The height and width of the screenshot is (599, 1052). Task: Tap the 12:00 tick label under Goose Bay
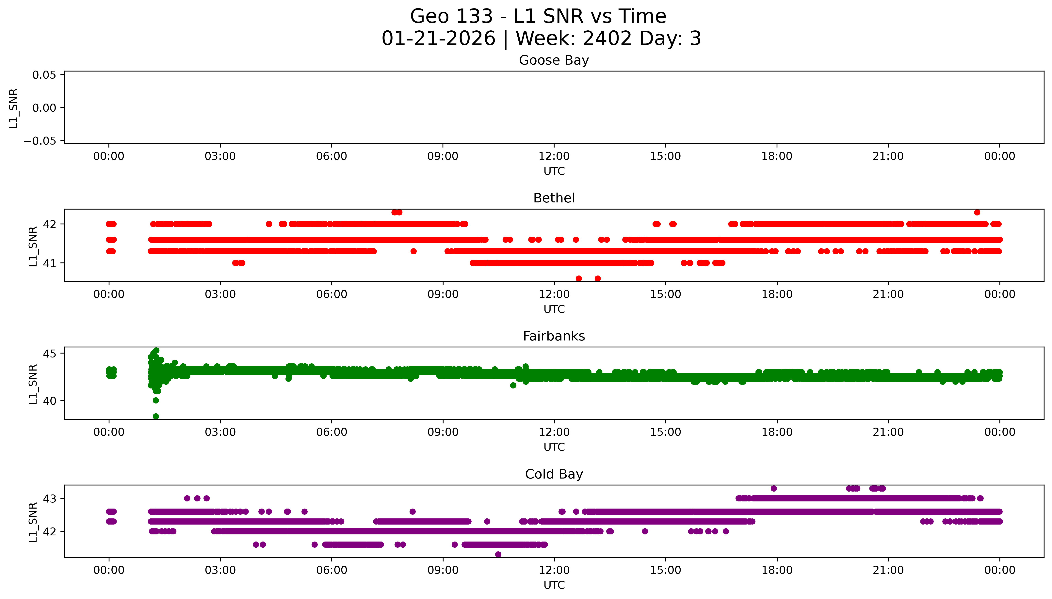click(554, 156)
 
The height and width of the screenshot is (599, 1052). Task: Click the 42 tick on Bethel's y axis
click(50, 224)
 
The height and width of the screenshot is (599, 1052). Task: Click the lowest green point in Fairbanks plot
click(155, 416)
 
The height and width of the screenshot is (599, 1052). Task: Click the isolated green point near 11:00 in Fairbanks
click(513, 386)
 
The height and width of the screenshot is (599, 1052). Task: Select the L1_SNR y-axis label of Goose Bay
click(14, 108)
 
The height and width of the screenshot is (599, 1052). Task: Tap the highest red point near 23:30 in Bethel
click(977, 212)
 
